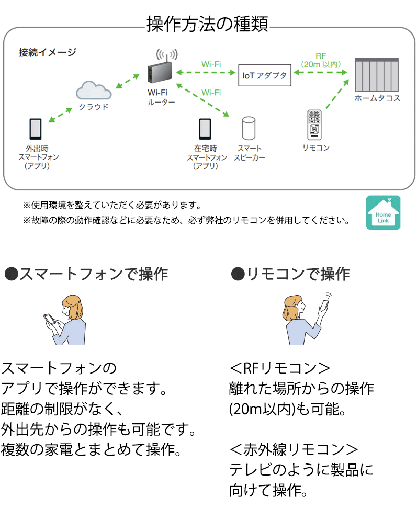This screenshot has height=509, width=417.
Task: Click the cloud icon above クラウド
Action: [94, 91]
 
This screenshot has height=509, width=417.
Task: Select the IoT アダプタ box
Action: [264, 75]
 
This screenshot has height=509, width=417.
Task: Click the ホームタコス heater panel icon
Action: [377, 75]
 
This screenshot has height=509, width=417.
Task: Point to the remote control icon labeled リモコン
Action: [314, 125]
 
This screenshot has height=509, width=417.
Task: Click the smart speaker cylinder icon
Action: [249, 129]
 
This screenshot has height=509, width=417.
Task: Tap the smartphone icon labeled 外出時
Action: [36, 129]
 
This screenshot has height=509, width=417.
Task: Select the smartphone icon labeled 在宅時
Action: [205, 129]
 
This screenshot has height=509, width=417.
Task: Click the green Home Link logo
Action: [383, 212]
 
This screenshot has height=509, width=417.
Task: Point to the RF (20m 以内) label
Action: [321, 60]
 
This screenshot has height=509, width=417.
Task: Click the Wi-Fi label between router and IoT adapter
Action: [211, 64]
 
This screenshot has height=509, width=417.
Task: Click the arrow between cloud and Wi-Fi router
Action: [127, 81]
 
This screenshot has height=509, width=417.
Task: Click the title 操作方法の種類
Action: [208, 25]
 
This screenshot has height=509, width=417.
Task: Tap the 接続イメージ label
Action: [47, 52]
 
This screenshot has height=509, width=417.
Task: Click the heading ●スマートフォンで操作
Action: [86, 274]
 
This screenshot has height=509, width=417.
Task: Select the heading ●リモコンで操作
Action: [290, 274]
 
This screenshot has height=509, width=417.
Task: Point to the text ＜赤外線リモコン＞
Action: [294, 449]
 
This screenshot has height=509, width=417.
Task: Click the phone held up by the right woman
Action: [325, 306]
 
